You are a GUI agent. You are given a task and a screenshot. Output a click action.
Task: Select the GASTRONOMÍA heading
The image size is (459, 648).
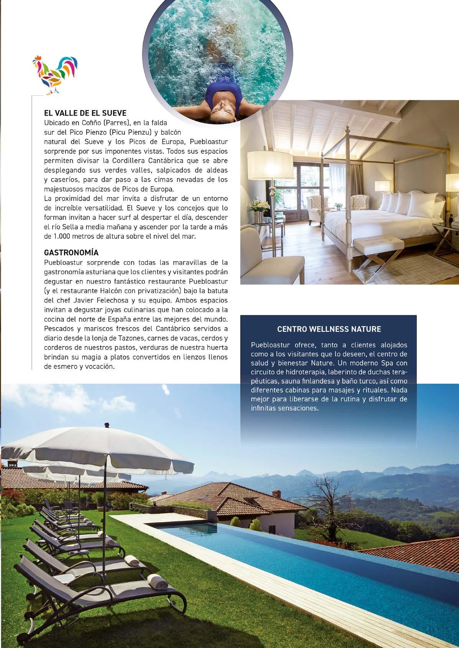71,253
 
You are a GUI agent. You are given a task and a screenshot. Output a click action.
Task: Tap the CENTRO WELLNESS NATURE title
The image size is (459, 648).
329,329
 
